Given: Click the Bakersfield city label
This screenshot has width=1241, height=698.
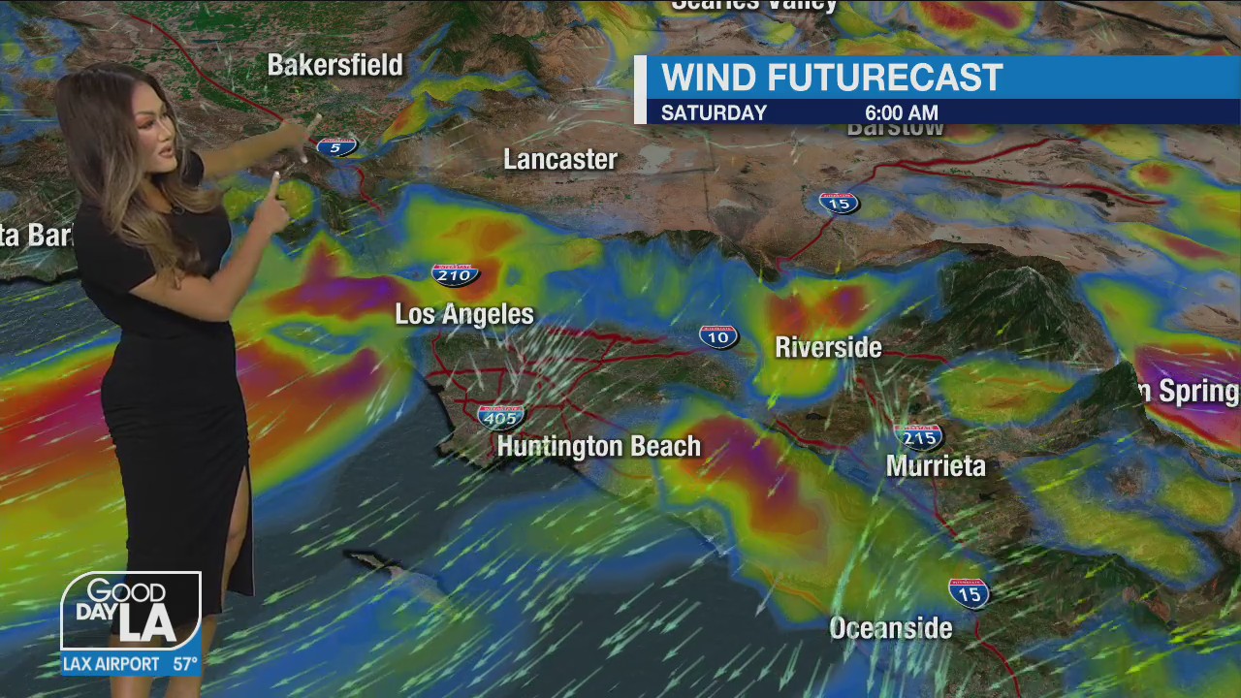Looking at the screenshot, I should coord(334,66).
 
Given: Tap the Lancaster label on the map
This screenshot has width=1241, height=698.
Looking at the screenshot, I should coord(560,160).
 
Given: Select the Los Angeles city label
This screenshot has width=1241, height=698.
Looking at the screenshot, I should coord(464,314).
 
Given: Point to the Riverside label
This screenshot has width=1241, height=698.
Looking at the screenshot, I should coord(828,347).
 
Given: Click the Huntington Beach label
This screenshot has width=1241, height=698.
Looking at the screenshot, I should coord(598,447).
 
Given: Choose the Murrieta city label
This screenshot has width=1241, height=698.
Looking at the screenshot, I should coord(936,466).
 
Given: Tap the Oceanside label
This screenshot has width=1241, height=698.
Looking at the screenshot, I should coord(890,628).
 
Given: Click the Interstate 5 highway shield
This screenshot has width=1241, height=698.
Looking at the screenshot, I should coord(336,146).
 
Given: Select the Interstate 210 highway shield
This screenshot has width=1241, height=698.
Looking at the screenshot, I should coord(455,275).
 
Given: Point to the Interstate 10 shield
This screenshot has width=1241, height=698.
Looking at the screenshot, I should coord(718,336).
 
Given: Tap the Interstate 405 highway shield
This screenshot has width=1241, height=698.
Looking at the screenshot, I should coord(500,417).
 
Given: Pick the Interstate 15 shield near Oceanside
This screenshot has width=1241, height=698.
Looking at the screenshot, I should coord(969,592).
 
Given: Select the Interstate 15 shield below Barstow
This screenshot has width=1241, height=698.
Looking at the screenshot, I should coord(839,203).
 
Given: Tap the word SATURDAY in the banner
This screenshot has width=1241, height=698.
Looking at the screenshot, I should coord(714,113).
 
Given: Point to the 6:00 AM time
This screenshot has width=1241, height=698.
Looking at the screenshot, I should coord(901,113).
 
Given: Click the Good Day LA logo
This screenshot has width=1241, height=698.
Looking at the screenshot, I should coord(131,611).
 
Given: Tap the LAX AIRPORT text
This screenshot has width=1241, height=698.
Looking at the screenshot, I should coord(111,664).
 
